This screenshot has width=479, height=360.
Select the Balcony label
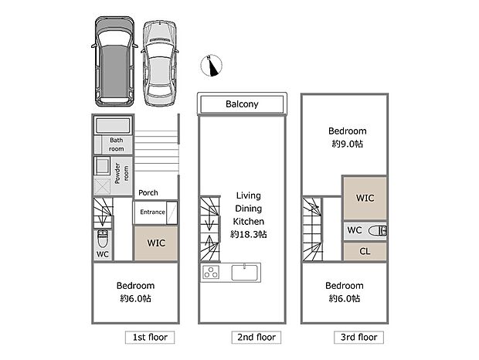tap(242, 104)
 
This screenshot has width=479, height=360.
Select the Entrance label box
tap(152, 211)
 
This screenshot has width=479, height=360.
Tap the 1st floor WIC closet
tap(156, 243)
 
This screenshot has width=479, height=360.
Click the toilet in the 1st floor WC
tap(103, 237)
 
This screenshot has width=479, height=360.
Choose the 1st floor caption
tap(151, 338)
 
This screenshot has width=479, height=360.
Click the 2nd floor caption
tap(256, 338)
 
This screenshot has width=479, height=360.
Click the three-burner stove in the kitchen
tap(212, 273)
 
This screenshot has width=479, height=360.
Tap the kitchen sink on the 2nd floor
tap(246, 273)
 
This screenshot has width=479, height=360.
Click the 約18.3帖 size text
tap(249, 233)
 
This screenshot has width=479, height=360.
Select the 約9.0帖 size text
tap(346, 144)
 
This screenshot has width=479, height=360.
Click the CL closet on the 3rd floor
tap(365, 252)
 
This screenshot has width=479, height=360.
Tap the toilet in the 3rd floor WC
tap(378, 230)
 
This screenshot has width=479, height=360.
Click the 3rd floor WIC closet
tap(365, 198)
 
